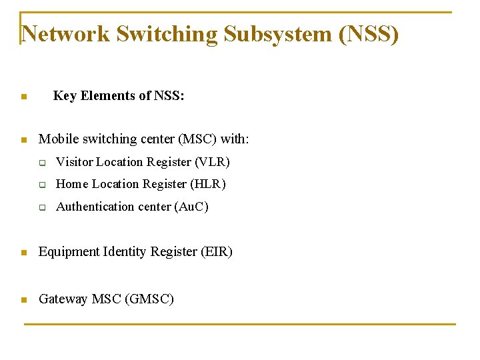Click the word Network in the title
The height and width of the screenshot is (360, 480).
click(x=66, y=34)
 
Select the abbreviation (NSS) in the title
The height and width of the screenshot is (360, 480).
click(x=369, y=34)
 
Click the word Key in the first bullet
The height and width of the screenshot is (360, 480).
click(x=65, y=96)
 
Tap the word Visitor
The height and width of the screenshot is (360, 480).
click(x=74, y=162)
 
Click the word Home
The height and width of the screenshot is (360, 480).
click(x=72, y=184)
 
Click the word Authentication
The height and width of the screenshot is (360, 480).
click(x=95, y=207)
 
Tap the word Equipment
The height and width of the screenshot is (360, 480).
click(x=69, y=252)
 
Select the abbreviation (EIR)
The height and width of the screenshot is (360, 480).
click(x=217, y=252)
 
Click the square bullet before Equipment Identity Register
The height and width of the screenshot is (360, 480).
click(x=23, y=253)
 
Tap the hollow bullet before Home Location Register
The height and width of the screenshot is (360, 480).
click(x=42, y=185)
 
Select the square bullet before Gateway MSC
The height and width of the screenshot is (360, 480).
click(x=23, y=300)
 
